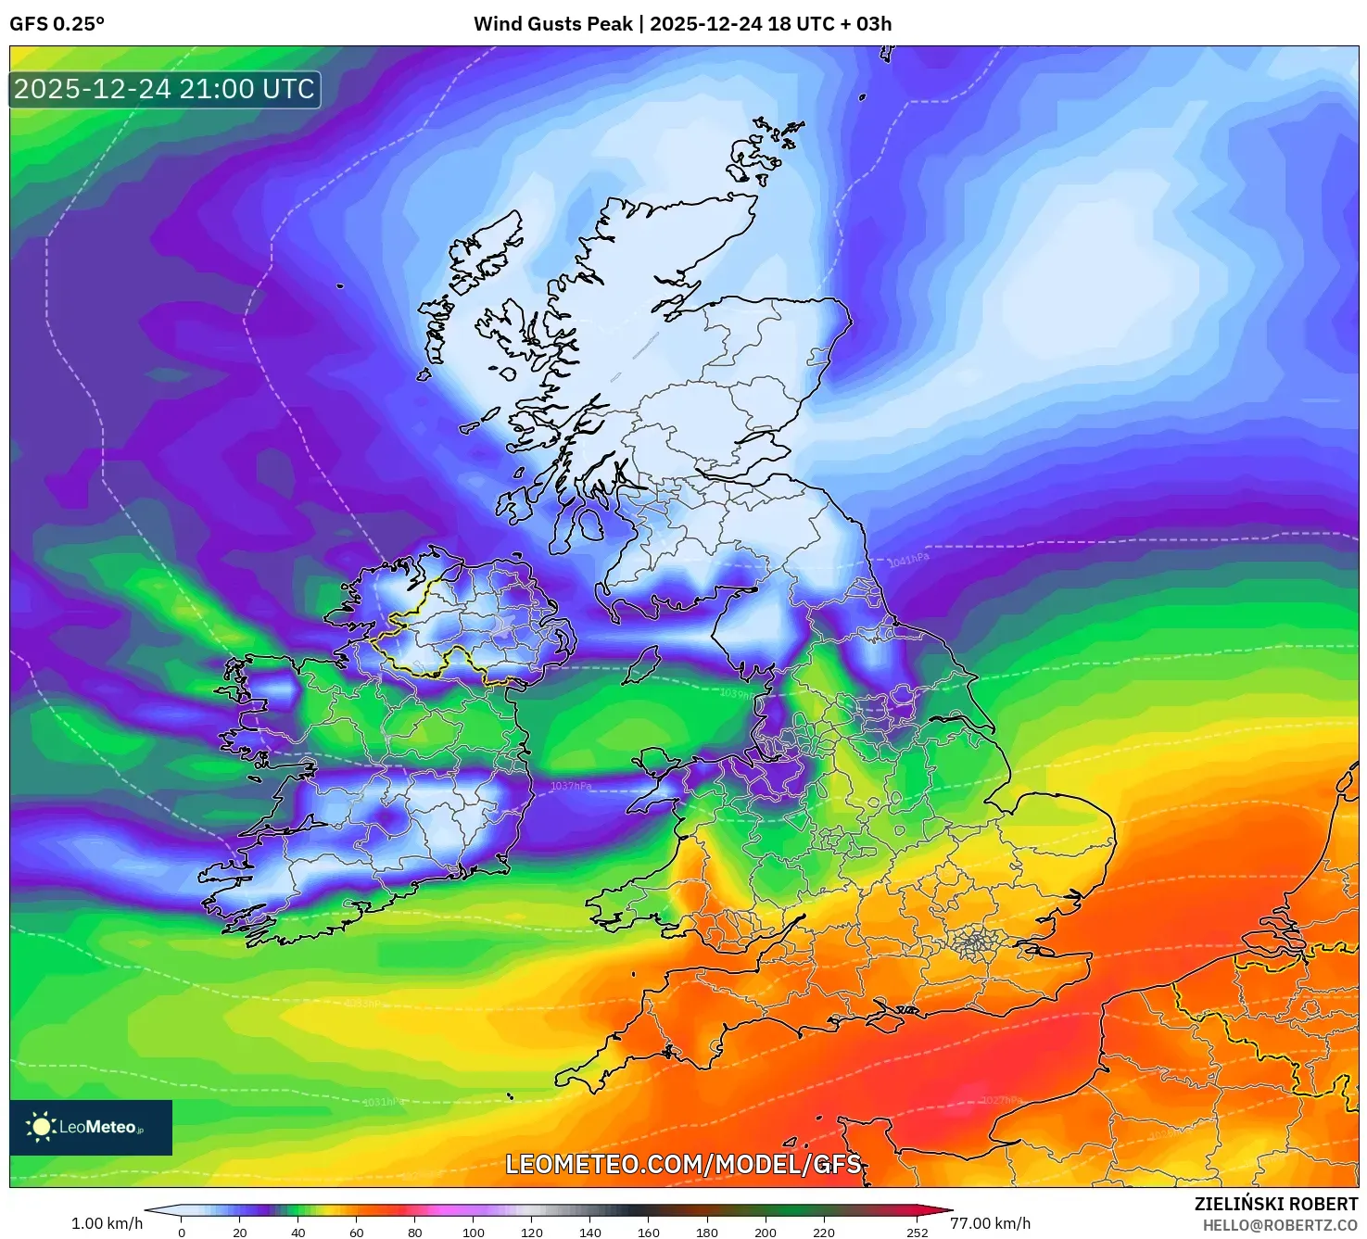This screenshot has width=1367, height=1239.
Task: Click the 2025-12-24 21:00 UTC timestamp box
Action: (x=165, y=89)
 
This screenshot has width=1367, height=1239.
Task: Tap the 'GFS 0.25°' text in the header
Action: (x=57, y=24)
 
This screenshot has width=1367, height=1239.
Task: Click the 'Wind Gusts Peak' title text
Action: (x=553, y=24)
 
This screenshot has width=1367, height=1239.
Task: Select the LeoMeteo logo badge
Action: (x=91, y=1127)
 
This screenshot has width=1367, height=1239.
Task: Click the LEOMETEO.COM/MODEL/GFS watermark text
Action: (x=683, y=1164)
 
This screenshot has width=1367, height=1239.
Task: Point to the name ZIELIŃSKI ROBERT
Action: (x=1275, y=1204)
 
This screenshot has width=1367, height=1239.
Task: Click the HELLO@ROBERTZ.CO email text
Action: (x=1280, y=1225)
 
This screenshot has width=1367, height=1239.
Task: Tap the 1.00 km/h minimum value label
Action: (x=107, y=1223)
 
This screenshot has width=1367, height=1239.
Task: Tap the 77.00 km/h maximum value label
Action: (x=990, y=1223)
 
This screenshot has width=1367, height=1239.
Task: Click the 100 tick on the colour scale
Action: (x=474, y=1233)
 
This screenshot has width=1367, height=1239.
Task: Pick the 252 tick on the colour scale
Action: (x=918, y=1233)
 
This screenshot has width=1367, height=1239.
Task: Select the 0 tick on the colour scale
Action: (x=182, y=1233)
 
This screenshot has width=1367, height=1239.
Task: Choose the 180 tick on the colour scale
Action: (x=707, y=1233)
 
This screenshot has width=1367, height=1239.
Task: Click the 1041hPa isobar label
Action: (x=908, y=560)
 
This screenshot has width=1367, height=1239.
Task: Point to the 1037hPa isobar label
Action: (x=571, y=786)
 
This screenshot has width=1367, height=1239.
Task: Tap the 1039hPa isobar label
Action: (x=737, y=693)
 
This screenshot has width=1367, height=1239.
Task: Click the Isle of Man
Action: (x=641, y=665)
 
